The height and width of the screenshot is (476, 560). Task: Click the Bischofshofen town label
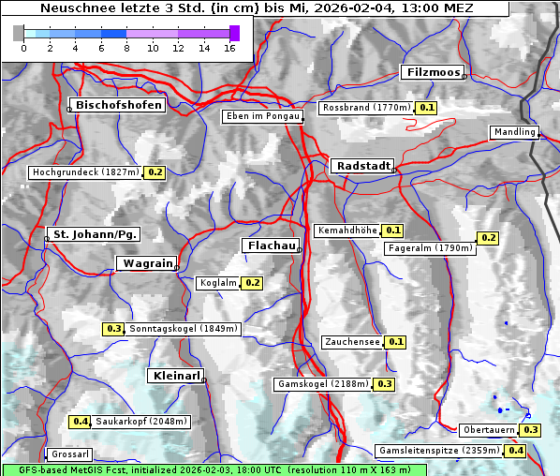[x=120, y=105]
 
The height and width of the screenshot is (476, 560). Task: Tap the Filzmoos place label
[x=433, y=72]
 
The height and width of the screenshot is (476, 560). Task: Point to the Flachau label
[x=271, y=245]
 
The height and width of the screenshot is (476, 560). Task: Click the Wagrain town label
[x=145, y=264]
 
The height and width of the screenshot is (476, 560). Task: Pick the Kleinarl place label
[x=175, y=376]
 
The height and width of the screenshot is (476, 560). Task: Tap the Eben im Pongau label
[x=261, y=116]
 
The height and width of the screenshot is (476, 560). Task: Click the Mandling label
[x=514, y=132]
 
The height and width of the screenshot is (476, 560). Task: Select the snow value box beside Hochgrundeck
[x=155, y=172]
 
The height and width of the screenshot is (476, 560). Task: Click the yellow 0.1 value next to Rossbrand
[x=427, y=108]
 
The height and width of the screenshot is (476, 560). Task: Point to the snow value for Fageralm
[x=488, y=238]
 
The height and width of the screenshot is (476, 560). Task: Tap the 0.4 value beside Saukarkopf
[x=81, y=422]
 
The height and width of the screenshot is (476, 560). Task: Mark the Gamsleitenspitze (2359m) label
[x=438, y=451]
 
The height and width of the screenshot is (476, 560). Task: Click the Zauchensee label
[x=352, y=342]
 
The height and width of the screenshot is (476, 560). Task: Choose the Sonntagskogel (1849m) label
[x=184, y=329]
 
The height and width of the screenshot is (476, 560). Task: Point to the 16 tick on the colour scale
[x=230, y=48]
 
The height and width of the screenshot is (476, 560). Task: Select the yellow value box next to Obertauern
[x=531, y=430]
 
